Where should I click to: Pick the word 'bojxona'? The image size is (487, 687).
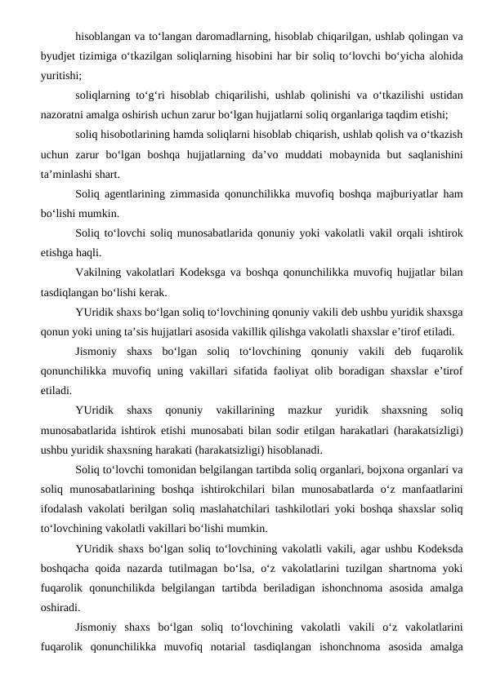[346, 470]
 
